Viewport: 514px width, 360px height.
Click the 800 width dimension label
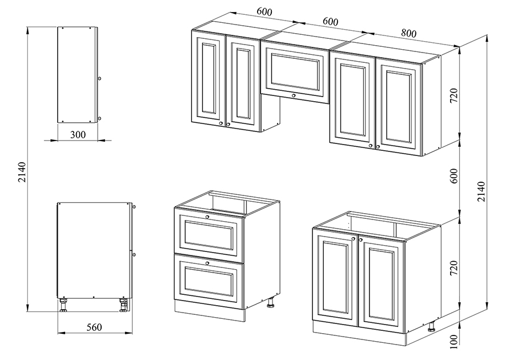pos(408,33)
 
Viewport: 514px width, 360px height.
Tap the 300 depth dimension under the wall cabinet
pos(78,135)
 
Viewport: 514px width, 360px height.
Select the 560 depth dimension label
pos(94,327)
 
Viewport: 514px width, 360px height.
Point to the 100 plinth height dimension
pos(453,342)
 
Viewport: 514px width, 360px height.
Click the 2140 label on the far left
pos(22,172)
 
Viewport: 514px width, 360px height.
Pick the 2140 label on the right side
pos(481,191)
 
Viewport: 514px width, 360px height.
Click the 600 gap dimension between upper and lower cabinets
pos(453,176)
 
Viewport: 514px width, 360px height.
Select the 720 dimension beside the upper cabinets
pos(453,96)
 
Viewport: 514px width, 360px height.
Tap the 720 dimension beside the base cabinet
pos(453,268)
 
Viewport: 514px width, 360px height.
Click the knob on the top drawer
pos(207,217)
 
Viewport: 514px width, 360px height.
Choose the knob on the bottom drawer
pos(207,263)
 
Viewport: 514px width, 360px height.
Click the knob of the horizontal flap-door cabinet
pos(294,96)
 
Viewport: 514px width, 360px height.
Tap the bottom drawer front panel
pos(209,281)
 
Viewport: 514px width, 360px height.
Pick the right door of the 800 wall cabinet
pos(399,107)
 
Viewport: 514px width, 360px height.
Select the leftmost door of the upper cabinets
pos(208,78)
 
